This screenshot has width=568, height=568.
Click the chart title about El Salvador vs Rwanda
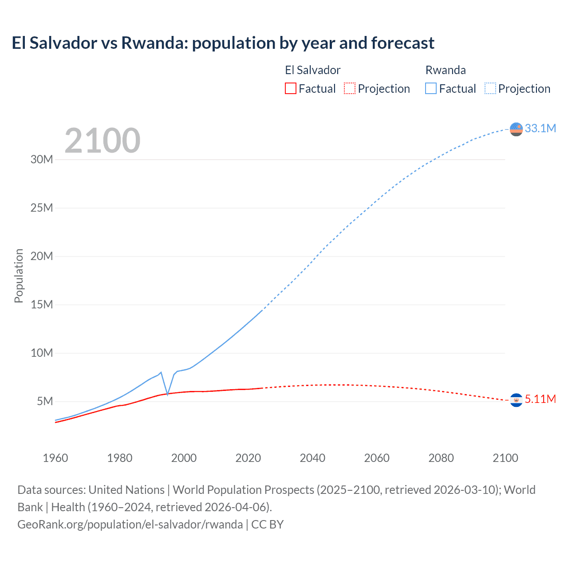[x=223, y=43]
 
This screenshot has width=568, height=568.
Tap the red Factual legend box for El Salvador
[x=290, y=88]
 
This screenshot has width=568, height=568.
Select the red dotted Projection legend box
[x=350, y=88]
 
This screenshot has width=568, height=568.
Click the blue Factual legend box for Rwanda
[x=430, y=88]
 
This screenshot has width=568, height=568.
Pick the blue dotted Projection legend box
[x=490, y=88]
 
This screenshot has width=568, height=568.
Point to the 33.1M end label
[x=540, y=128]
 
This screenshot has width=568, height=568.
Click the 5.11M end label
[x=540, y=399]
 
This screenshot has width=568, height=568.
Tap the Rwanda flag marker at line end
[x=516, y=129]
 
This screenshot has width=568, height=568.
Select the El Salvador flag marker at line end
[x=516, y=400]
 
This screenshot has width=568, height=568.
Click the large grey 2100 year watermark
[x=103, y=141]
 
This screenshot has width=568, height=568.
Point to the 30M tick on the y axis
[x=42, y=159]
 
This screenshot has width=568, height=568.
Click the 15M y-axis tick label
[x=42, y=304]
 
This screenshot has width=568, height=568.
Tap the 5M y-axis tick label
[x=45, y=401]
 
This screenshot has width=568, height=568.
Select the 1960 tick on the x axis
[x=55, y=458]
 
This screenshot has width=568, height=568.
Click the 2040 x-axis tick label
[x=312, y=458]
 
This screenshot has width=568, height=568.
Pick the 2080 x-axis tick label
[x=441, y=458]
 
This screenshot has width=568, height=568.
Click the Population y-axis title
[x=19, y=276]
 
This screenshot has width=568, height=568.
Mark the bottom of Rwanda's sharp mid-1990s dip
[x=167, y=394]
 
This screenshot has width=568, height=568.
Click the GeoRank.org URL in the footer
[x=130, y=524]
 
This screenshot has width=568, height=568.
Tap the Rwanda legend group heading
[x=446, y=70]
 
